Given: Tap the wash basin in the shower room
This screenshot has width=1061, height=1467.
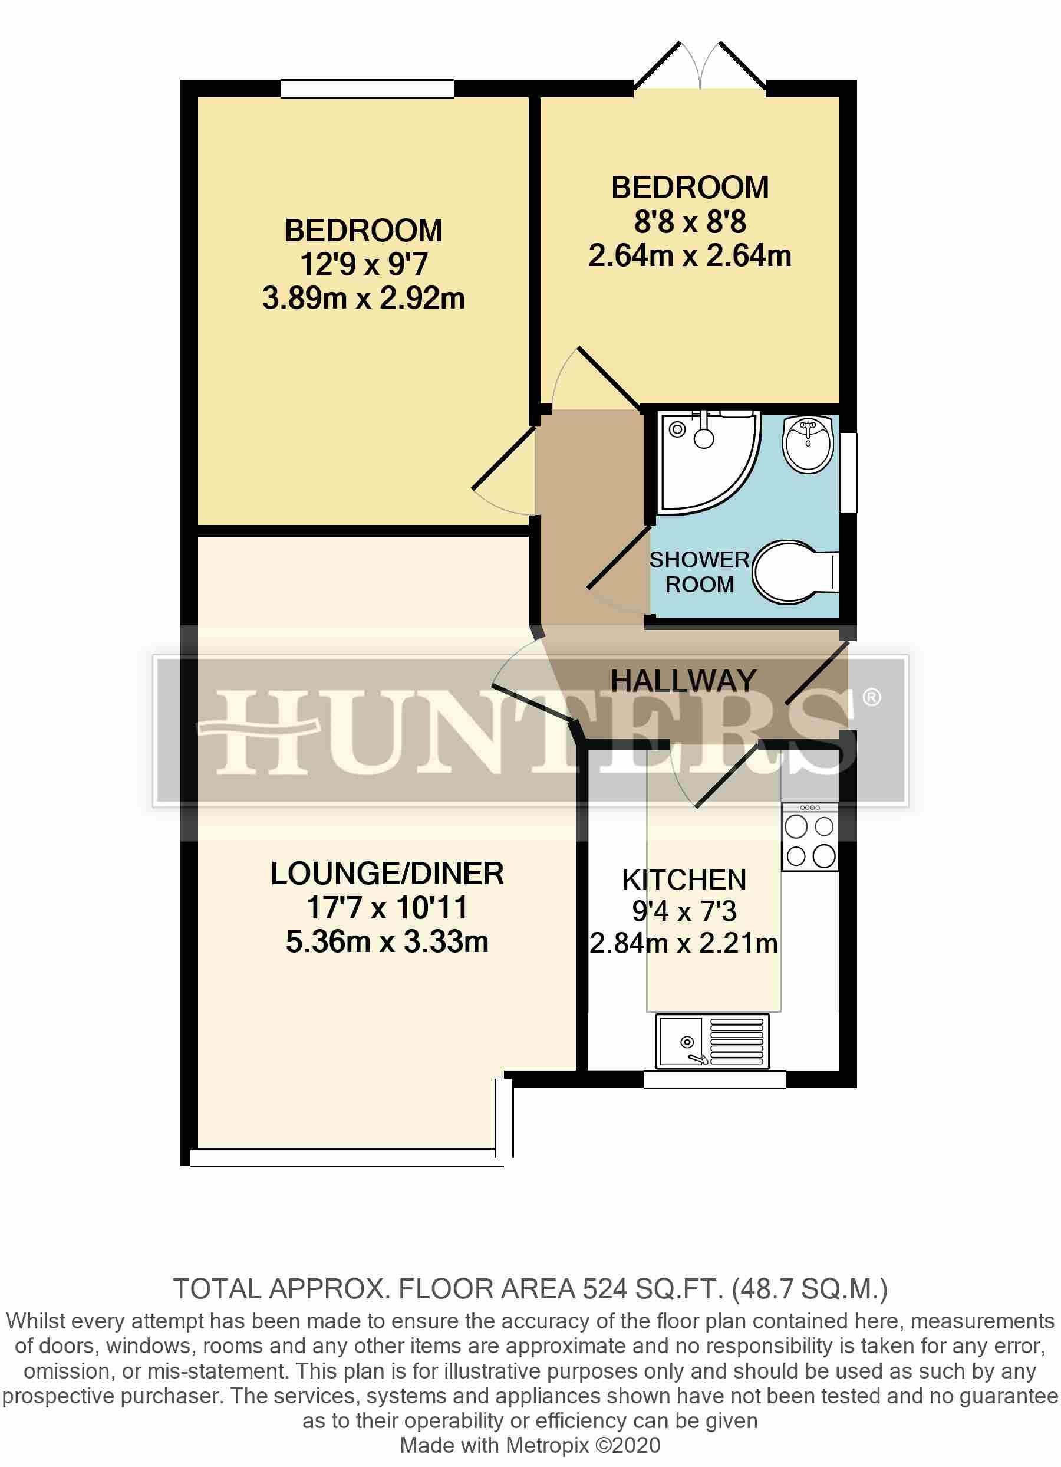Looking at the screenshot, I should tap(807, 444).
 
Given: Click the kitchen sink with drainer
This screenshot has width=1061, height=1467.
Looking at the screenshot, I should tap(713, 1041).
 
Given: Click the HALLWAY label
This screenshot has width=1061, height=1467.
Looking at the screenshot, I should tap(683, 681).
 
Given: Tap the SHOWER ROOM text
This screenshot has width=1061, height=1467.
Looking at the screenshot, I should tap(700, 572).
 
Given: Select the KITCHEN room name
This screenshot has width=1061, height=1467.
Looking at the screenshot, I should tap(684, 880).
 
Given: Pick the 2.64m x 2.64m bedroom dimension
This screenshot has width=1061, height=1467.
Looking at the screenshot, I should tap(689, 256).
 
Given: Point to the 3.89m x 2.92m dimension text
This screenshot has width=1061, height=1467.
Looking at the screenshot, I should tap(363, 299).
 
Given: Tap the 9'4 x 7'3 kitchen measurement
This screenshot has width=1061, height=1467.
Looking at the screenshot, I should tap(684, 911).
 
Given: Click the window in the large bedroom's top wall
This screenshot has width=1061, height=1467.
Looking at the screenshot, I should tap(367, 88).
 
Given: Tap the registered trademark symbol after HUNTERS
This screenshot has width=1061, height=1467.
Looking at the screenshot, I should tap(872, 697).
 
